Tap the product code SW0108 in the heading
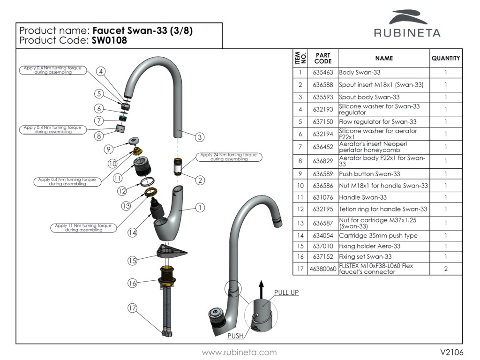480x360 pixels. pyautogui.click(x=110, y=40)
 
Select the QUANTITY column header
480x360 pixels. pyautogui.click(x=445, y=59)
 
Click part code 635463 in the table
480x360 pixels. pyautogui.click(x=322, y=73)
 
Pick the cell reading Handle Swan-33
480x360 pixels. pyautogui.click(x=363, y=197)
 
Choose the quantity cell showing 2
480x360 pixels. pyautogui.click(x=445, y=269)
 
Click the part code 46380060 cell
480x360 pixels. pyautogui.click(x=322, y=269)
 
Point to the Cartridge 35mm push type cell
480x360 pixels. pyautogui.click(x=378, y=236)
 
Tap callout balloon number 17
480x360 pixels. pyautogui.click(x=133, y=308)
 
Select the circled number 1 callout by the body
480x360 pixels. pyautogui.click(x=200, y=207)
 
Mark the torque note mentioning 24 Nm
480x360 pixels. pyautogui.click(x=229, y=157)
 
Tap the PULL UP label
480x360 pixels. pyautogui.click(x=286, y=292)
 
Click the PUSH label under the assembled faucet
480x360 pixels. pyautogui.click(x=235, y=336)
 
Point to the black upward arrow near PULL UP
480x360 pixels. pyautogui.click(x=262, y=286)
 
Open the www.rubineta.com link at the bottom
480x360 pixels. pyautogui.click(x=239, y=352)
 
